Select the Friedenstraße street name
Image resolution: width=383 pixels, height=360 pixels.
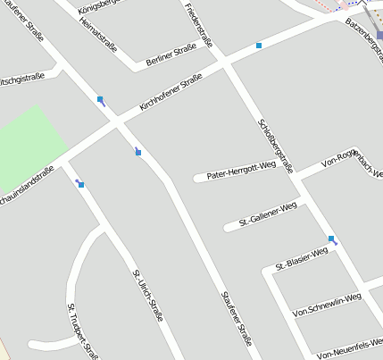tap(199, 25)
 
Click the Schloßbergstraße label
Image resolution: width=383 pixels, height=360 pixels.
tap(275, 138)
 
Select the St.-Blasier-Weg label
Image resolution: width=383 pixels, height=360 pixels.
tap(302, 258)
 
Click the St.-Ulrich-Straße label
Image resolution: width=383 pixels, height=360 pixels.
tap(148, 296)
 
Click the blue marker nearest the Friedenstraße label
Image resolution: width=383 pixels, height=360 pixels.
tap(259, 45)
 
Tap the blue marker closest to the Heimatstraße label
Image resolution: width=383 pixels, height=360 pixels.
tap(101, 99)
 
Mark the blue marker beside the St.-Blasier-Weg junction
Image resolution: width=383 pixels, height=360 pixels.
tap(332, 239)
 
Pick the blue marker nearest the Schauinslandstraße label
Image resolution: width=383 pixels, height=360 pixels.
tap(80, 184)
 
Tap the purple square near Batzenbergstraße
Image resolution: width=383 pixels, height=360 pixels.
tap(379, 35)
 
